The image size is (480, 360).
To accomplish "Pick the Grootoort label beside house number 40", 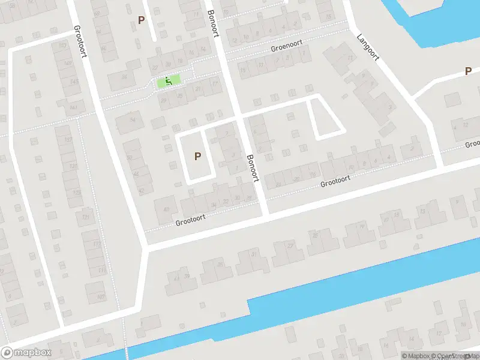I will click(x=190, y=220).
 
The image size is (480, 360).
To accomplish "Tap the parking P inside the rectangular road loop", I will click(x=197, y=156).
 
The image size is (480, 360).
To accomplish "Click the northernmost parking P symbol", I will click(x=142, y=19).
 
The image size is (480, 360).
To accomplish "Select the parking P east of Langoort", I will click(x=468, y=71).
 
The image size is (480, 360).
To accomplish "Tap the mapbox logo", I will click(x=26, y=352).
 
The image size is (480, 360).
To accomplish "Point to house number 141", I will click(x=73, y=107).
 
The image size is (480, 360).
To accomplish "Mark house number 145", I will click(x=74, y=81).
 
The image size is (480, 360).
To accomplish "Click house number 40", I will click(x=166, y=209).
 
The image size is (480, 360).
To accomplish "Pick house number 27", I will click(x=290, y=246).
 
